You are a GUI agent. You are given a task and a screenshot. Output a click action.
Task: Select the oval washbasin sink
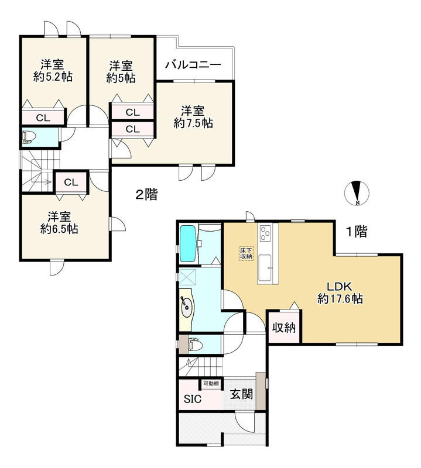coord(187,305)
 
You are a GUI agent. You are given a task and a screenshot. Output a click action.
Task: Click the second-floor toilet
coord(29,137)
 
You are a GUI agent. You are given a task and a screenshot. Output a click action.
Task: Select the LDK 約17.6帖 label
coord(340,292)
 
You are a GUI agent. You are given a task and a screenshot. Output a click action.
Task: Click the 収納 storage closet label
coord(283,328)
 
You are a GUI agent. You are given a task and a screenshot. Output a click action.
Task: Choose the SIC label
coord(193,400)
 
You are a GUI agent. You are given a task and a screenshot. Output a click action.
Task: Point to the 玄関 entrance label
coord(241,395)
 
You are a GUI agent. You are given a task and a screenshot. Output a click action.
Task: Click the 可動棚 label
coord(211,384)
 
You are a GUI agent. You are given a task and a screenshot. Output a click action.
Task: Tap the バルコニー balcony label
coord(192,64)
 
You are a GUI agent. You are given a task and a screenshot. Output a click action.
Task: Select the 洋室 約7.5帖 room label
coord(193,116)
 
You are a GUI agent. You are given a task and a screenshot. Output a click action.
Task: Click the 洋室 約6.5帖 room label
coord(59,222)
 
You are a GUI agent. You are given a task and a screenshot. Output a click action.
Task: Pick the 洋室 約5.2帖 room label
coord(53,70)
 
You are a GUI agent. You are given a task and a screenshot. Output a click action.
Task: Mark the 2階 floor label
coord(146,195)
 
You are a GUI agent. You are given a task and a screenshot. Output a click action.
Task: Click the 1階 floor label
coord(355,232)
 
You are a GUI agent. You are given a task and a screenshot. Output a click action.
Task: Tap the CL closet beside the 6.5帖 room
coord(71,183)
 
